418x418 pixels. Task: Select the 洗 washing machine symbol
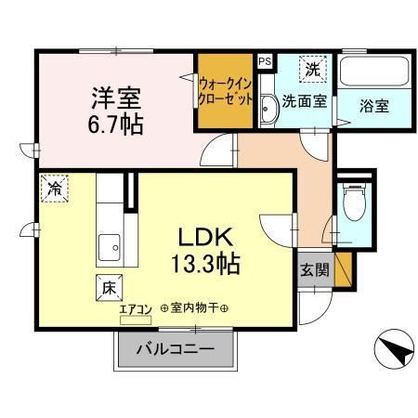pyautogui.click(x=314, y=70)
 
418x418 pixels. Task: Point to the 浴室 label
pyautogui.click(x=373, y=105)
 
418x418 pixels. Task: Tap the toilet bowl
pyautogui.click(x=354, y=202)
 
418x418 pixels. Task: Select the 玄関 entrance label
pyautogui.click(x=313, y=270)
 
